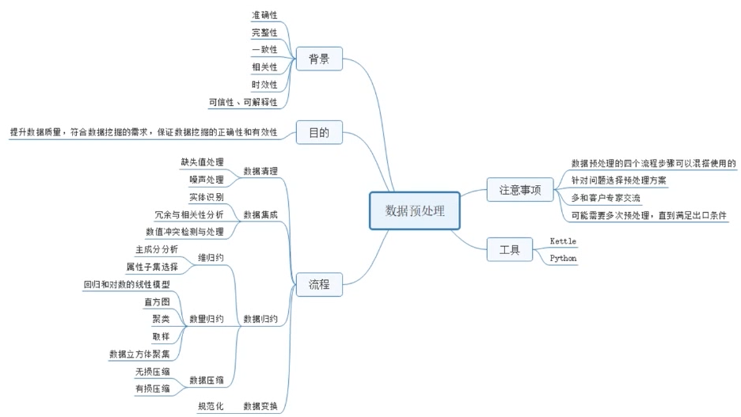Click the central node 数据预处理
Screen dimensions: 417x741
(x=414, y=211)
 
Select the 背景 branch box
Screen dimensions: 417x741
(x=319, y=59)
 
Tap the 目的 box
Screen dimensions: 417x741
(x=319, y=132)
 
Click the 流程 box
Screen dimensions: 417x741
(x=319, y=284)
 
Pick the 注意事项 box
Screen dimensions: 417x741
(x=520, y=190)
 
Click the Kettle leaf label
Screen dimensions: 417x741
(x=563, y=241)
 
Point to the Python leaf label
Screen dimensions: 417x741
(x=563, y=258)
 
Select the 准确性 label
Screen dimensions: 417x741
(x=264, y=15)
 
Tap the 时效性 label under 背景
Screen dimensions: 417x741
(x=264, y=85)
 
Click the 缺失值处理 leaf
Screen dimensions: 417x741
(x=202, y=162)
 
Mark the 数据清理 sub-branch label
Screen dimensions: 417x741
(x=260, y=171)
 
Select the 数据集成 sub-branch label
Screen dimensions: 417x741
(x=260, y=214)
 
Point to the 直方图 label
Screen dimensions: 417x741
(x=157, y=301)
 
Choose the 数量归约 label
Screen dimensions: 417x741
(x=206, y=319)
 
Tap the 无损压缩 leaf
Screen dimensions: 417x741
(x=153, y=370)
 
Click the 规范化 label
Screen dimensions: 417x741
(x=211, y=406)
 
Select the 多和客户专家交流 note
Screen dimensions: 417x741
(x=606, y=197)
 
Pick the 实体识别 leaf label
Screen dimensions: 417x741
(x=206, y=197)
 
